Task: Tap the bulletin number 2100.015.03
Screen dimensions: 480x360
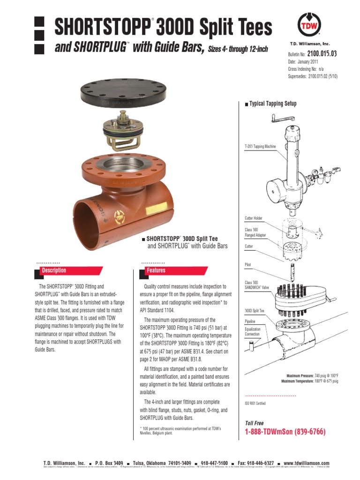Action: click(x=322, y=54)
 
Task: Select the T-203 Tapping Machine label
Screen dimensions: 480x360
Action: click(x=260, y=147)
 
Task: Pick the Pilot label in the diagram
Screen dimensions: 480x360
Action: click(x=248, y=265)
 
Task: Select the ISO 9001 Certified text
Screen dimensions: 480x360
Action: click(x=255, y=403)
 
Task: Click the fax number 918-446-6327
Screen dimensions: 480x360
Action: click(x=256, y=463)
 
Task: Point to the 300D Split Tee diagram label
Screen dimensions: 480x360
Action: click(x=255, y=311)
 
